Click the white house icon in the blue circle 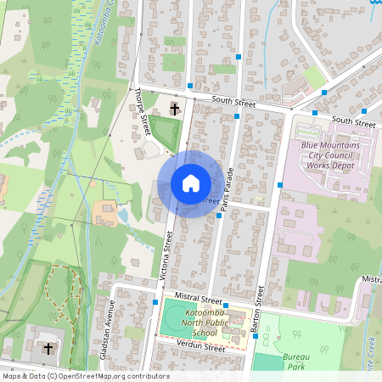[190, 183]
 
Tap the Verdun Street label [200, 347]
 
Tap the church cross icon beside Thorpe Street [175, 108]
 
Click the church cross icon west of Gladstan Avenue [48, 348]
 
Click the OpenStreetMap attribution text [85, 376]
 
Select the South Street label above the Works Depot [353, 121]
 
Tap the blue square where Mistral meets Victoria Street [155, 301]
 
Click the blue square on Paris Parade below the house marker [219, 216]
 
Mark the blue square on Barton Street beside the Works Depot [280, 183]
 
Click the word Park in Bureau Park [296, 368]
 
